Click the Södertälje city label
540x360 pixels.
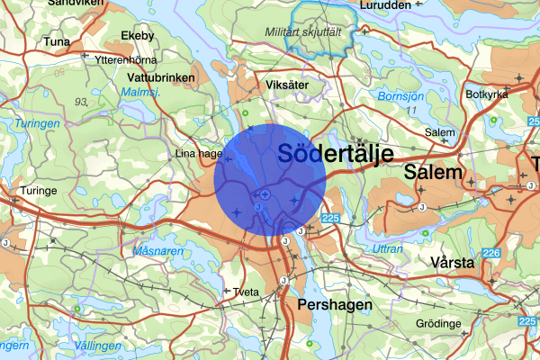pyautogui.click(x=336, y=154)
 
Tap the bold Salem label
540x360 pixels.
pyautogui.click(x=434, y=172)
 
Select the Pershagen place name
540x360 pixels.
pyautogui.click(x=334, y=306)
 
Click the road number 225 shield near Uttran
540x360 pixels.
pyautogui.click(x=329, y=218)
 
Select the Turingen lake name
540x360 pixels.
pyautogui.click(x=37, y=123)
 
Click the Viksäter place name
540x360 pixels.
pyautogui.click(x=288, y=84)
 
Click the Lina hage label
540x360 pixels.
pyautogui.click(x=197, y=154)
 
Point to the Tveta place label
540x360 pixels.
pyautogui.click(x=245, y=292)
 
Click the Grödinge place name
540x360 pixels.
pyautogui.click(x=438, y=323)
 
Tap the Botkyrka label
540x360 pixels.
pyautogui.click(x=487, y=94)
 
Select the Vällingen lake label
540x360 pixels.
pyautogui.click(x=97, y=345)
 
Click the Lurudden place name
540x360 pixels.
pyautogui.click(x=384, y=4)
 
